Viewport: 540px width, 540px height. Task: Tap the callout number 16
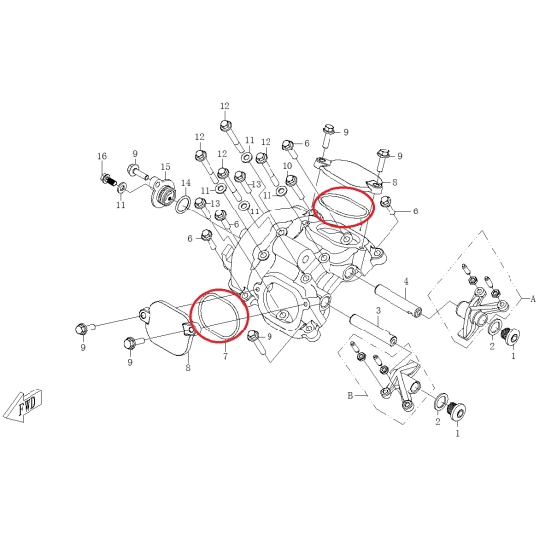coord(102,156)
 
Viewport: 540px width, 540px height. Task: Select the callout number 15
coord(165,167)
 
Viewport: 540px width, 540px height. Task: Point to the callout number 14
coord(186,183)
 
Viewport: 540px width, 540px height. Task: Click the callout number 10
coord(287,166)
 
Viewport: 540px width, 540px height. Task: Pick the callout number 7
coord(225,356)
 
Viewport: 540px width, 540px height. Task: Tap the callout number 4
coord(406,282)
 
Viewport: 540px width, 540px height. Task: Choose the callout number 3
coord(378,310)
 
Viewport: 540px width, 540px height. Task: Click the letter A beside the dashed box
coord(533,299)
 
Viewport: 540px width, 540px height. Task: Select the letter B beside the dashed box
coord(350,396)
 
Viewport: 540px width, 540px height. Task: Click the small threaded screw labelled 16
coord(109,180)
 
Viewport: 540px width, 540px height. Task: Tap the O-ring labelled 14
coord(183,205)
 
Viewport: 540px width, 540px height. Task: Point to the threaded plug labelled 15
coord(162,194)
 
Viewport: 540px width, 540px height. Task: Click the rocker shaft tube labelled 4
coord(398,298)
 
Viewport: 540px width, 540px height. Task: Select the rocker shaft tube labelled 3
coord(374,328)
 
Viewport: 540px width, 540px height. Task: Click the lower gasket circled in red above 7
coord(219,316)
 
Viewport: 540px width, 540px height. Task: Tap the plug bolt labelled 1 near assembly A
coord(512,336)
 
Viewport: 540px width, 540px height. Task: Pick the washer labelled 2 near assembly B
coord(441,402)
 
